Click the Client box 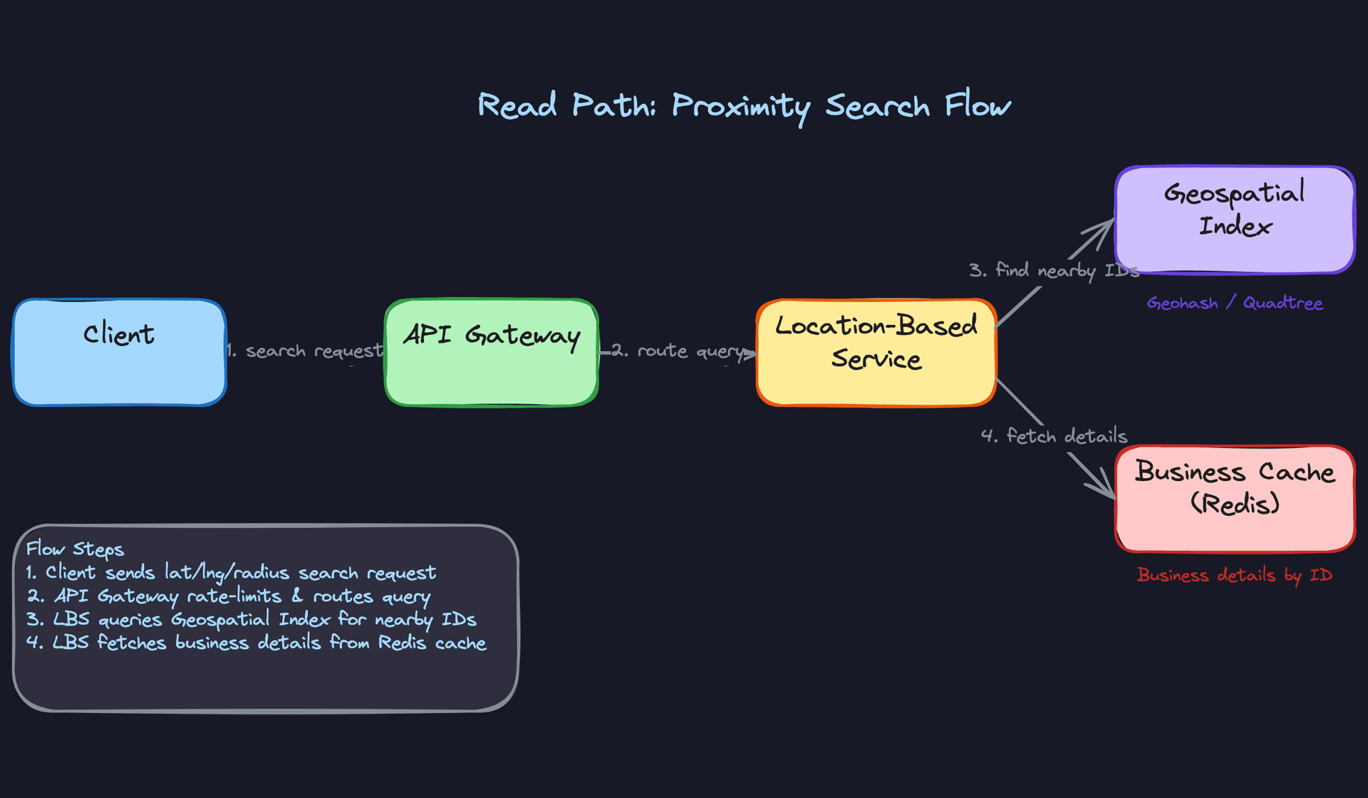[119, 353]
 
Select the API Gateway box [491, 353]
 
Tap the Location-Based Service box [876, 353]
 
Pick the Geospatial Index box [1235, 219]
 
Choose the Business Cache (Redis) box [1235, 499]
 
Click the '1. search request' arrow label [305, 351]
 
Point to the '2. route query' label [677, 351]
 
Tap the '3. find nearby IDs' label [1053, 271]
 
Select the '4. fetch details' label [1054, 436]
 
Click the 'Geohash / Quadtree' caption [1234, 303]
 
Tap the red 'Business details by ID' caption [1234, 575]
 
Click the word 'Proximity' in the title [741, 107]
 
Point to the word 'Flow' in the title [978, 105]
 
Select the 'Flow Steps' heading [75, 549]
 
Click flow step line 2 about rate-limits [228, 596]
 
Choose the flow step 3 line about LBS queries [251, 620]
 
